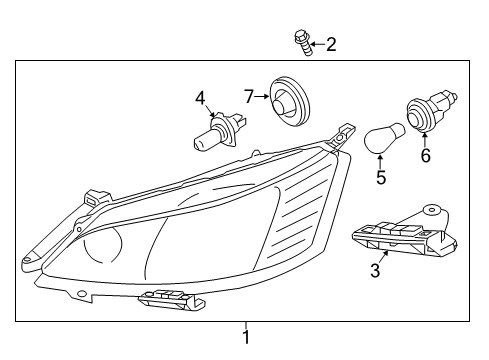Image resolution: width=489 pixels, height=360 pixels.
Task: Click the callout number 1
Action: tap(245, 337)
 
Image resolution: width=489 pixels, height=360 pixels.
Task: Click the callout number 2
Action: tap(331, 43)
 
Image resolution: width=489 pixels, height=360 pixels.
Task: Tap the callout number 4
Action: tap(201, 98)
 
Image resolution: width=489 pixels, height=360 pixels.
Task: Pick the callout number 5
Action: tap(380, 178)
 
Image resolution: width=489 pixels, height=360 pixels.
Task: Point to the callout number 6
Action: tap(425, 155)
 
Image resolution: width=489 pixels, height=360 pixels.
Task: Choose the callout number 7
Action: tap(249, 96)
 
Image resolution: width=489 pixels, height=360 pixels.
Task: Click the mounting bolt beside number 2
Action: tap(300, 41)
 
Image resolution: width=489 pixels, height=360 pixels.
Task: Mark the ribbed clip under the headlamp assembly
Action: tap(165, 297)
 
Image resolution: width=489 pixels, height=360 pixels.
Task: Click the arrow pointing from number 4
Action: tap(208, 113)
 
